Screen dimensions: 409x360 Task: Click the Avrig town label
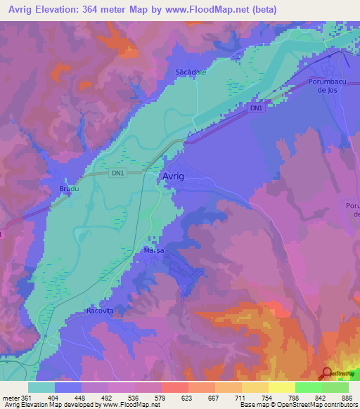pyautogui.click(x=174, y=176)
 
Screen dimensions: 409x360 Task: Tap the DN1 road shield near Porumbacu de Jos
pyautogui.click(x=256, y=108)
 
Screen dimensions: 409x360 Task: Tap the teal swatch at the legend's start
pyautogui.click(x=41, y=387)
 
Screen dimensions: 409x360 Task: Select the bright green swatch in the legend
pyautogui.click(x=308, y=387)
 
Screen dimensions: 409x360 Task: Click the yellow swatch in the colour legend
pyautogui.click(x=281, y=387)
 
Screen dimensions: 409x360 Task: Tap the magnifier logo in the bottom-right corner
pyautogui.click(x=327, y=373)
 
